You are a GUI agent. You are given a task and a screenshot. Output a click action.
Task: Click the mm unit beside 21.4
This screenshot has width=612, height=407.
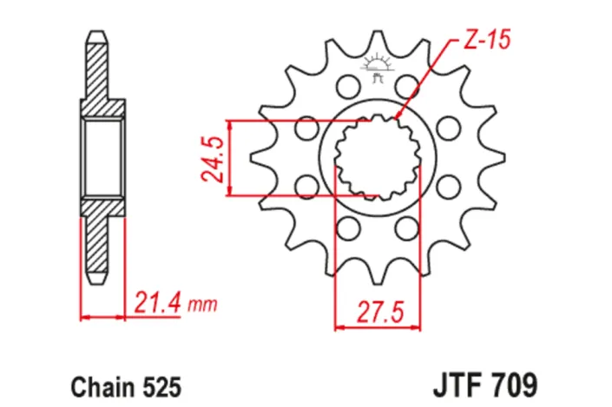point(201,305)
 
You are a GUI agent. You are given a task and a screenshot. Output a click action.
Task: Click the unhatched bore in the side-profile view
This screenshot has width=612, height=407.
point(103,158)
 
